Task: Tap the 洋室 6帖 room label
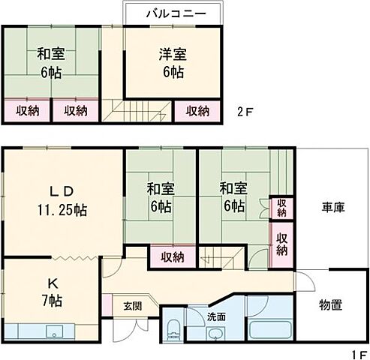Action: coord(172,63)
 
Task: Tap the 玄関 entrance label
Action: coord(131,307)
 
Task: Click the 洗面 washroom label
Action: coord(216,315)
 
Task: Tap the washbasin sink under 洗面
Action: coord(216,332)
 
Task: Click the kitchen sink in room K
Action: coord(53,331)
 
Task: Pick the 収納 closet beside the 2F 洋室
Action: coord(198,110)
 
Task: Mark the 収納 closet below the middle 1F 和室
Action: coord(172,256)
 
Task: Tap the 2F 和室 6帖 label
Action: coord(51,63)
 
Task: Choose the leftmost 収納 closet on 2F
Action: coord(27,110)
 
